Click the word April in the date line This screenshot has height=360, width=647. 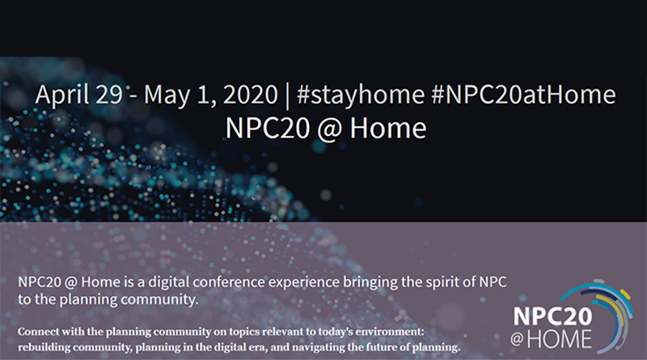click(62, 95)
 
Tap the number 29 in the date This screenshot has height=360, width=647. click(109, 95)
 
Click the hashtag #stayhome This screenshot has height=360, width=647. click(361, 95)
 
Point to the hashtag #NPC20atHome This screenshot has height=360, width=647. click(523, 95)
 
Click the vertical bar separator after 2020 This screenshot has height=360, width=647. click(288, 95)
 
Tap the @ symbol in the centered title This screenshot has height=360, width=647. click(329, 129)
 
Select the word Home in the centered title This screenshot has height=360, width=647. click(388, 128)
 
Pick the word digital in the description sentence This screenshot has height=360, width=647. click(169, 282)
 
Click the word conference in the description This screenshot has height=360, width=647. click(229, 282)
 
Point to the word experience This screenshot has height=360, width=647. click(304, 283)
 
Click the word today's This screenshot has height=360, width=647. click(336, 332)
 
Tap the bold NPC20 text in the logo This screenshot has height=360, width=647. click(552, 316)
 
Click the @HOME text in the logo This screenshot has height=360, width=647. click(551, 339)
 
